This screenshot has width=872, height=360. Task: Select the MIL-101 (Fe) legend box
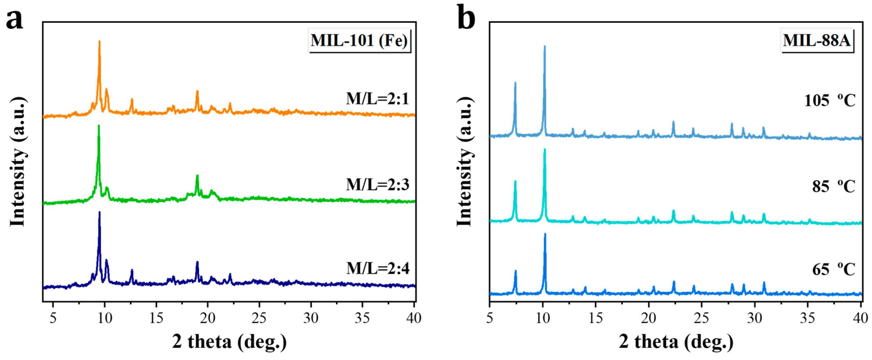tap(359, 41)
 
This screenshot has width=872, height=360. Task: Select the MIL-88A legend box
tap(816, 41)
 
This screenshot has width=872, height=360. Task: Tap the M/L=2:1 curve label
tap(377, 99)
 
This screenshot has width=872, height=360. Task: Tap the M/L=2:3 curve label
tap(377, 184)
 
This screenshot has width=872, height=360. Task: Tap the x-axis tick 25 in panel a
tap(259, 318)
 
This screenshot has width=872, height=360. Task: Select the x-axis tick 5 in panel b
tap(490, 318)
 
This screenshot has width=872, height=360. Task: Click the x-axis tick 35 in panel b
tap(807, 318)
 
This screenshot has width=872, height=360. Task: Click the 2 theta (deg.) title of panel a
tap(229, 342)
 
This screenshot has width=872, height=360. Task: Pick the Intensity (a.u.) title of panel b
tap(465, 162)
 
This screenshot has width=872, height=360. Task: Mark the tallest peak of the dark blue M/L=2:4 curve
tap(99, 213)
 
